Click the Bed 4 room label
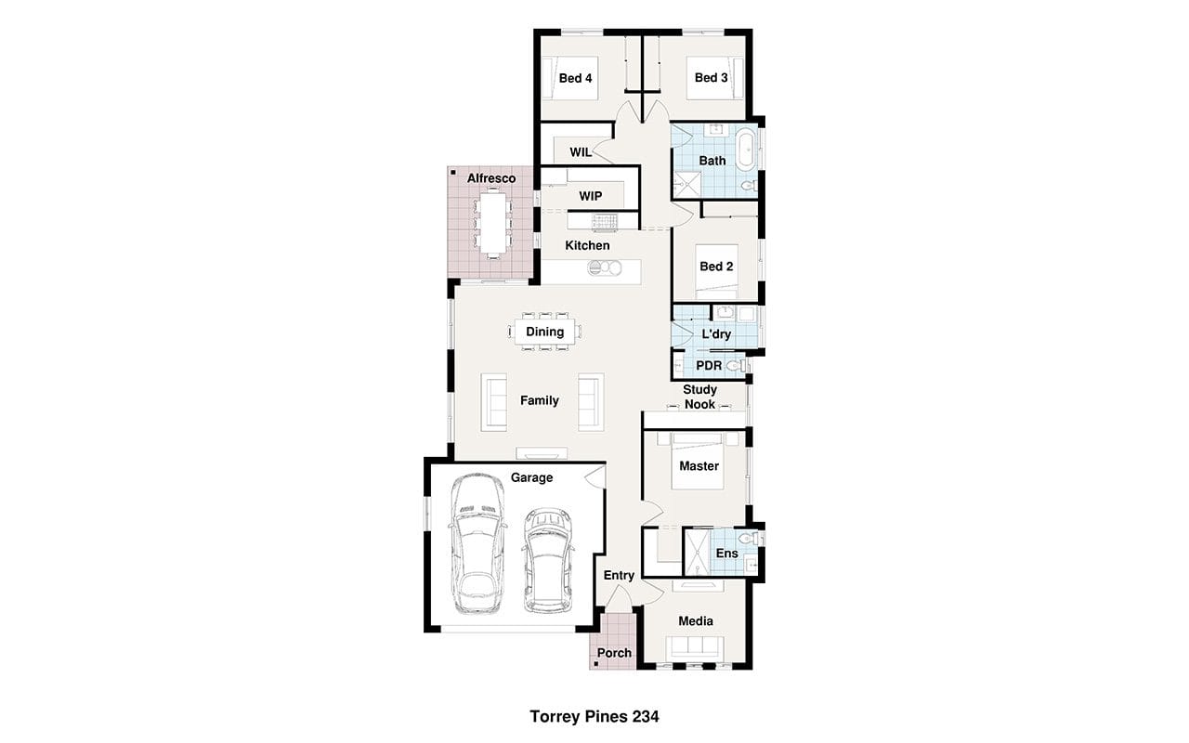point(575,78)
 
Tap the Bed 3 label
point(712,77)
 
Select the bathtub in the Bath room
point(746,148)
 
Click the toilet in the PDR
point(737,365)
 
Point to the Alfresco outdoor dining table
point(493,223)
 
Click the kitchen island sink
point(604,268)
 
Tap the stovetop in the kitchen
point(605,221)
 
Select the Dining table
point(544,332)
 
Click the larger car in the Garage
point(477,544)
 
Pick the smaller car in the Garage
point(548,560)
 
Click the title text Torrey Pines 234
point(594,716)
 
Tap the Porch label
point(614,653)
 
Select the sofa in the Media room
point(695,648)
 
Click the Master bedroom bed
point(697,461)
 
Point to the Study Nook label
point(699,397)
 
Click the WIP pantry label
point(590,196)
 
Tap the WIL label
point(581,152)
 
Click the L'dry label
point(716,334)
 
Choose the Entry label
point(619,575)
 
